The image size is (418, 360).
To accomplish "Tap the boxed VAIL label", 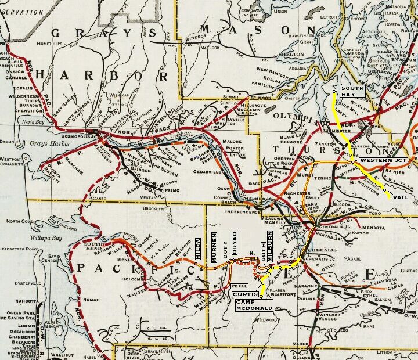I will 401,197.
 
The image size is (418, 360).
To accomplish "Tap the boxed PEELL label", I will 239,286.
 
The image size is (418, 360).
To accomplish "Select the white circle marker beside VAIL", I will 385,190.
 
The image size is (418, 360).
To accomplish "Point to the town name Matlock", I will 204,47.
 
